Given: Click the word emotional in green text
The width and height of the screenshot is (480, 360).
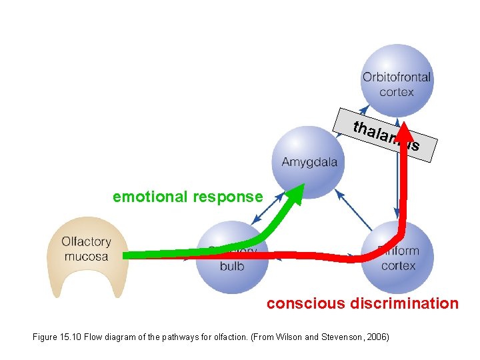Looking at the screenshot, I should [x=151, y=197].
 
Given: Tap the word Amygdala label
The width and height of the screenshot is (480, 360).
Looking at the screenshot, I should [x=309, y=162].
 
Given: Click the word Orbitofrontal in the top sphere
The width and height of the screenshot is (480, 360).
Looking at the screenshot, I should [x=397, y=77].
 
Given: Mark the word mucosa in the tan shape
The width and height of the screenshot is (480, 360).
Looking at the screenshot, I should [x=86, y=256].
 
